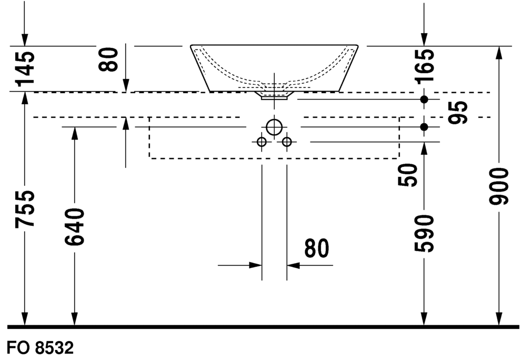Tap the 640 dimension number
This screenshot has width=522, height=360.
click(x=74, y=227)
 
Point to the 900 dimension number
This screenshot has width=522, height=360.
click(x=498, y=186)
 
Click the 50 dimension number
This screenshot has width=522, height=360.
click(x=408, y=175)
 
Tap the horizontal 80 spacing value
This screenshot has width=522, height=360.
click(x=316, y=248)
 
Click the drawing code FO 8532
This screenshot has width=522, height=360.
click(x=40, y=348)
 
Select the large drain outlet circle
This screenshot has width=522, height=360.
click(x=274, y=127)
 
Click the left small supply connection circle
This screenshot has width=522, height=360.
click(x=261, y=142)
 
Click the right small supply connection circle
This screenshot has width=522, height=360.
click(x=287, y=142)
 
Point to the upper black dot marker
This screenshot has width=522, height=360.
click(x=424, y=99)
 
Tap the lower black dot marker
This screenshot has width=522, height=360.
click(x=424, y=127)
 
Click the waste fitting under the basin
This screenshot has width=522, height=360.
click(x=274, y=96)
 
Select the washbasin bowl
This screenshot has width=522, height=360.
click(x=274, y=66)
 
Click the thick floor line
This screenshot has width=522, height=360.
click(x=263, y=327)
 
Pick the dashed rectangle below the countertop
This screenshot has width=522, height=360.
click(x=274, y=157)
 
